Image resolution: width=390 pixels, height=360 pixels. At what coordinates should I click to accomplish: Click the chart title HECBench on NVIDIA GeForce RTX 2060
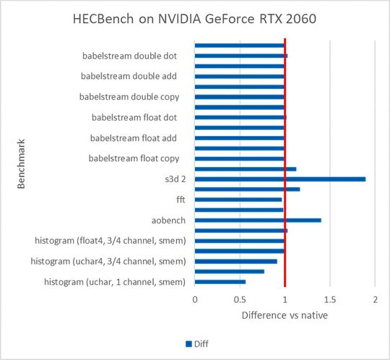[x=194, y=18]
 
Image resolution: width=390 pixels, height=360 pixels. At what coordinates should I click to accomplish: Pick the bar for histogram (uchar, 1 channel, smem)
[x=220, y=282]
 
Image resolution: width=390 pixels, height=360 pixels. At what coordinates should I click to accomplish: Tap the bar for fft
[x=238, y=200]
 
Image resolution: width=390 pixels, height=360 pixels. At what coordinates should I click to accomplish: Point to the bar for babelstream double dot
[x=241, y=55]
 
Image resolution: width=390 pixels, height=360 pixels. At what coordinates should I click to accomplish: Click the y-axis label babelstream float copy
[x=134, y=158]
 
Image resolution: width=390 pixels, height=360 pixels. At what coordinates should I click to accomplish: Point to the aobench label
[x=167, y=220]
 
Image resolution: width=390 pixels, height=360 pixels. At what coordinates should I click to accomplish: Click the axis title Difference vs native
[x=285, y=315]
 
